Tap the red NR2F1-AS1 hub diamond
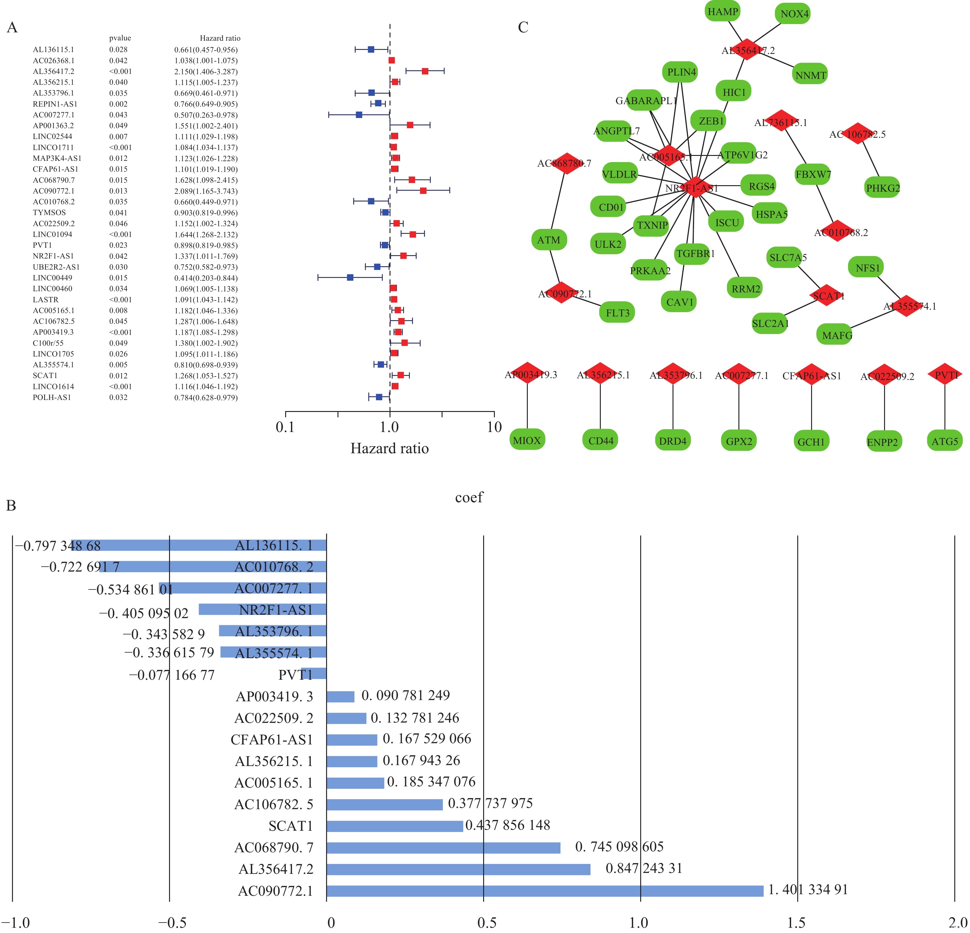tap(695, 187)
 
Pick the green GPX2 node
tap(739, 440)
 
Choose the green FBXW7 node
tap(813, 174)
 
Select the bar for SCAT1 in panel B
tap(394, 826)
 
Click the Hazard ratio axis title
tap(390, 448)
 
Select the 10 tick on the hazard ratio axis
tap(494, 427)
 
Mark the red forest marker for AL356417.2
tap(425, 71)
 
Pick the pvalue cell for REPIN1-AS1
tap(118, 104)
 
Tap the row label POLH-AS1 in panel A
tap(52, 397)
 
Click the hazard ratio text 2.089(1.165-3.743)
tap(206, 191)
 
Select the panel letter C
tap(523, 27)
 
